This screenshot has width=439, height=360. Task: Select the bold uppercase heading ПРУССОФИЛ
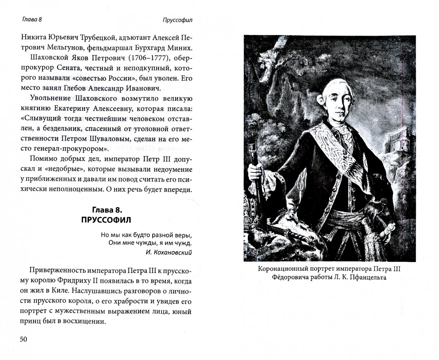[106, 220]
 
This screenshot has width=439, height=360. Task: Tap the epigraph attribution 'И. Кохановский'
[169, 252]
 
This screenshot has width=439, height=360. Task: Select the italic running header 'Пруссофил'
[178, 20]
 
